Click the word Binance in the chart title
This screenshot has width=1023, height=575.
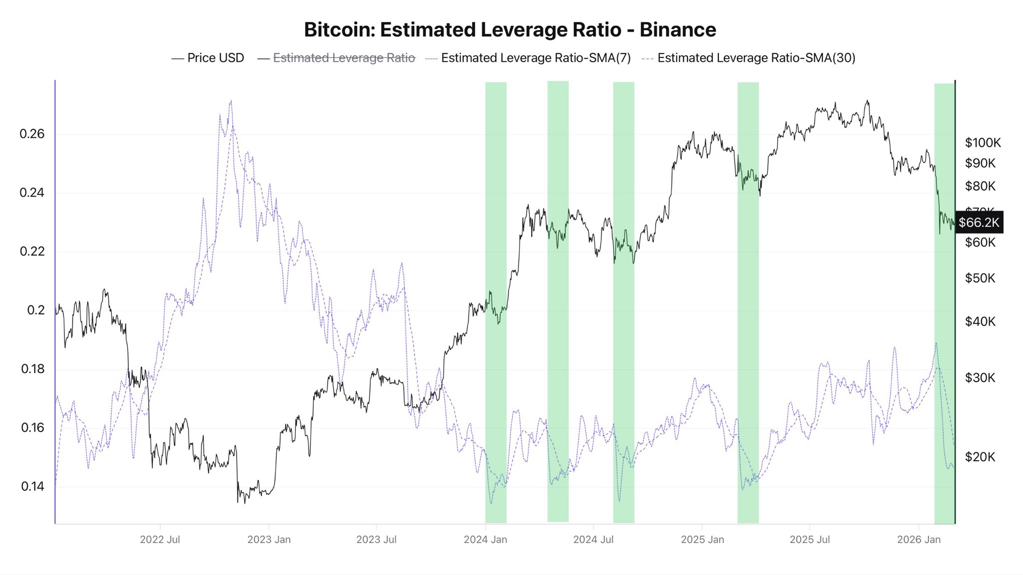(677, 30)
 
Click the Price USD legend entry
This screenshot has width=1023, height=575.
(215, 58)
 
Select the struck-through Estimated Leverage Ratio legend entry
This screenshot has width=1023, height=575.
(344, 58)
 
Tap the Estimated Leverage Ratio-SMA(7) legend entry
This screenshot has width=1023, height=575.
(535, 58)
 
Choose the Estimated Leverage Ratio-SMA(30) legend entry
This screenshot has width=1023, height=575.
(756, 58)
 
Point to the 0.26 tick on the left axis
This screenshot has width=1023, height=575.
(32, 134)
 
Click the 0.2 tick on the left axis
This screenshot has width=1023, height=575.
(35, 310)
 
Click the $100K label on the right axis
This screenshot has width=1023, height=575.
(983, 143)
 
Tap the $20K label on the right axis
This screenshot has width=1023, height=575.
(980, 457)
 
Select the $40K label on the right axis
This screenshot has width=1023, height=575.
(980, 321)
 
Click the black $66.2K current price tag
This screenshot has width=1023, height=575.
(979, 222)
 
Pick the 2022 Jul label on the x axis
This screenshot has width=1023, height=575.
(160, 540)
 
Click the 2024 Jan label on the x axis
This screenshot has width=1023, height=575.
(485, 540)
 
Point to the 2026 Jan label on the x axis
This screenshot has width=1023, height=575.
(918, 540)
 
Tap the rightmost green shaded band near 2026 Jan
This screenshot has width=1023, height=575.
(944, 299)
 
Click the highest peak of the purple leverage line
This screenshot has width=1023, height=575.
(231, 101)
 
